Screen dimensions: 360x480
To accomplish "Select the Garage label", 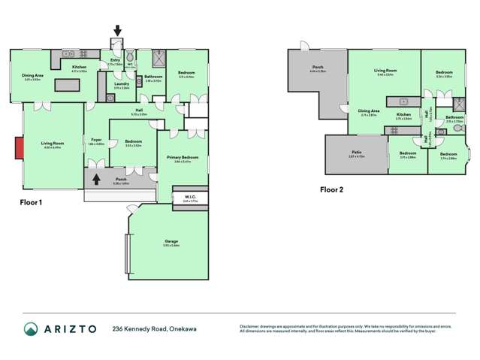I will tap(171, 241).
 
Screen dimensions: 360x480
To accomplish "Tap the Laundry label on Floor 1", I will tap(120, 84).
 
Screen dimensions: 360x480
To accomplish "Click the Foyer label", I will tap(97, 140).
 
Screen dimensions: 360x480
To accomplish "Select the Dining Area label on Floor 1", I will tap(32, 75).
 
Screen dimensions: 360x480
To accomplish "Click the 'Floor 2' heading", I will tap(330, 190).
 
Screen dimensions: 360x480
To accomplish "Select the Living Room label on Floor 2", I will tap(385, 71).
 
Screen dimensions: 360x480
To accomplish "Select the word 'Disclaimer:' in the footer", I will tap(251, 326).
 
